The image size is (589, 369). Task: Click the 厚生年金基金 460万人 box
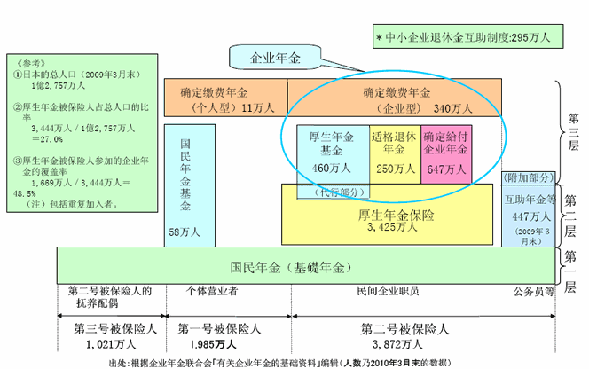click(331, 152)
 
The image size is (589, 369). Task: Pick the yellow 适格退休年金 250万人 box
click(394, 152)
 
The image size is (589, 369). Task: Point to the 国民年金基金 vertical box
click(185, 177)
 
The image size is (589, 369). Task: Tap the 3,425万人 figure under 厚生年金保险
click(391, 228)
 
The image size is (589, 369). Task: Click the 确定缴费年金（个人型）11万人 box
click(224, 99)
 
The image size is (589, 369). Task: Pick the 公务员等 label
click(534, 291)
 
